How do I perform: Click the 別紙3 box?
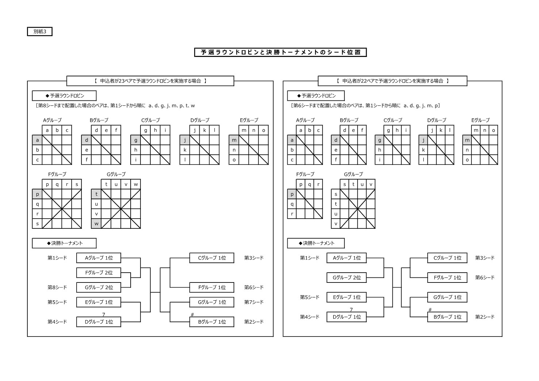click(x=40, y=31)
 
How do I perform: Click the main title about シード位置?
click(x=280, y=52)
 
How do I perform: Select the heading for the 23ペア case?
click(x=150, y=81)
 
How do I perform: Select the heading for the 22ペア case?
click(x=392, y=81)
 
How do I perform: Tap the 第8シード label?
click(x=57, y=287)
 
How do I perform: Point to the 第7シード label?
click(x=254, y=302)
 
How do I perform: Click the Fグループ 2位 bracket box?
click(x=99, y=273)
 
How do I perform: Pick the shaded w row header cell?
click(x=96, y=224)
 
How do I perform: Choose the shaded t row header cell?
click(x=96, y=194)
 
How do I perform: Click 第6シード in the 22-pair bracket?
click(x=485, y=277)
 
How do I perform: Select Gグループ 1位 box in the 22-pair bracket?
click(x=447, y=297)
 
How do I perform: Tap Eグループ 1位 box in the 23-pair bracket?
click(x=99, y=302)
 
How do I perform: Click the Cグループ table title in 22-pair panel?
click(x=393, y=120)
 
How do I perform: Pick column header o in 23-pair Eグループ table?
click(x=263, y=130)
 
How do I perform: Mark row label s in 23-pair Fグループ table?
click(x=37, y=224)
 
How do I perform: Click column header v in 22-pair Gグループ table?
click(x=371, y=184)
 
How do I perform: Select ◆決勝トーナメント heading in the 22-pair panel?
click(x=316, y=243)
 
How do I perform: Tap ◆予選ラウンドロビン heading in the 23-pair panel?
click(x=64, y=96)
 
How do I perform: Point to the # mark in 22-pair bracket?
click(x=430, y=309)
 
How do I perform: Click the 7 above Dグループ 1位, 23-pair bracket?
click(x=104, y=315)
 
